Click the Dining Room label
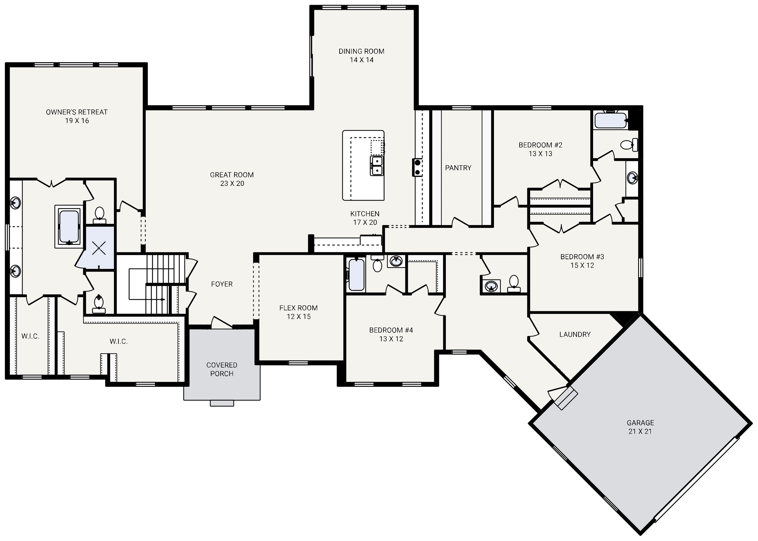(361, 56)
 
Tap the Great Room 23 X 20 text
(232, 179)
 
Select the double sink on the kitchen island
(377, 166)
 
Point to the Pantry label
(458, 168)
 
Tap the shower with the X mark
(99, 247)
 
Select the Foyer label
(222, 284)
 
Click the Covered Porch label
(222, 369)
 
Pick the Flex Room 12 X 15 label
(298, 312)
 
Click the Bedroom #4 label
(391, 334)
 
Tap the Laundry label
(575, 334)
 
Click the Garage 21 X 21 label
(640, 427)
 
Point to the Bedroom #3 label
(582, 261)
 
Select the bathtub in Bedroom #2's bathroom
(610, 121)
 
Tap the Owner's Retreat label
(77, 116)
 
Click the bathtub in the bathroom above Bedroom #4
(356, 275)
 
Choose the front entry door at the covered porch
(221, 322)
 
